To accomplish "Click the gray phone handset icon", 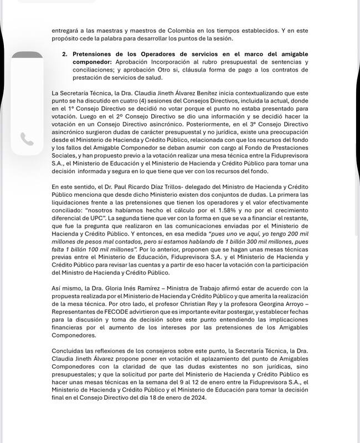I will coord(27,139).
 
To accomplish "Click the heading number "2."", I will coord(65,55).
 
